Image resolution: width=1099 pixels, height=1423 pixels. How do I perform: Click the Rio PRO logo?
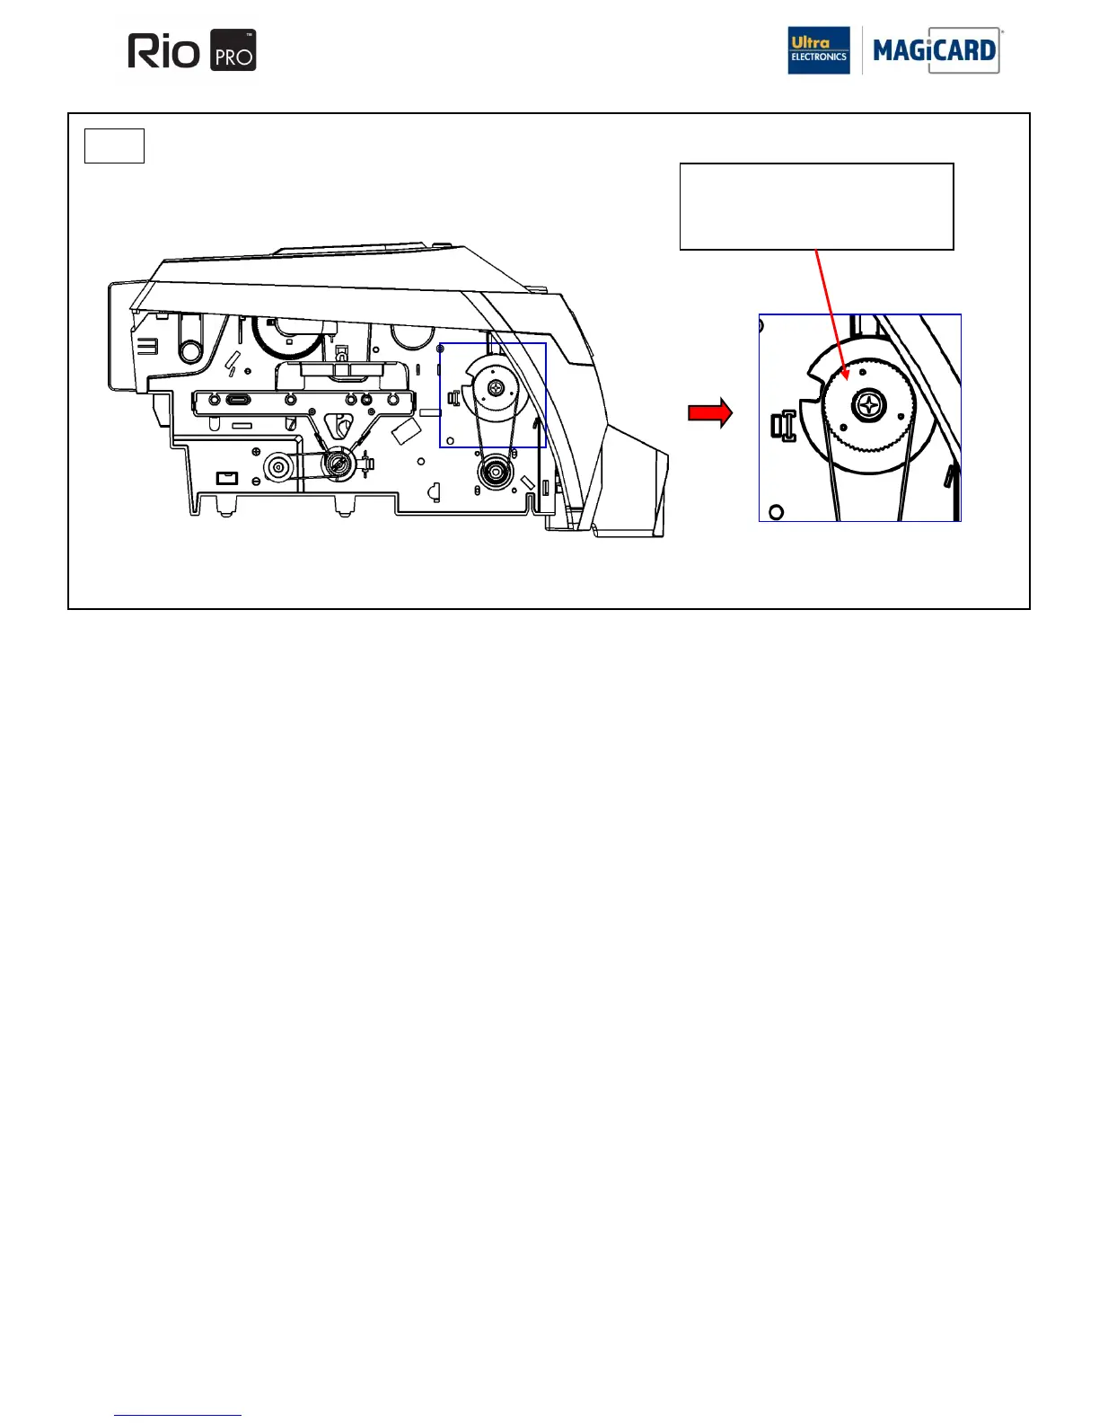click(192, 50)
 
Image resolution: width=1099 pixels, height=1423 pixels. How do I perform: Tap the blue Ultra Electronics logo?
click(818, 50)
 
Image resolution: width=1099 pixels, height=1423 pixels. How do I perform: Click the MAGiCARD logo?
click(936, 50)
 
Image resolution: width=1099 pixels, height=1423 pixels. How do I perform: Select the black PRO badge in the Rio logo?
click(233, 50)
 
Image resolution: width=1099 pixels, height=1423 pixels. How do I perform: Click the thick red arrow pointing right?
click(710, 413)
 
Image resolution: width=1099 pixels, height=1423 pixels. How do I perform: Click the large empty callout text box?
click(816, 207)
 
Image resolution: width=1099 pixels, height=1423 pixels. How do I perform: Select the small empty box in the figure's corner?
click(114, 146)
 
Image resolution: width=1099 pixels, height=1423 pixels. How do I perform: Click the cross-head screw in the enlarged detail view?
click(868, 406)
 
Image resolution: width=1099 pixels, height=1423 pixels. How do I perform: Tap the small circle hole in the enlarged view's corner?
click(777, 512)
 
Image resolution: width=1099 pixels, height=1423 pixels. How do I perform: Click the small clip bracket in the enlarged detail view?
click(783, 426)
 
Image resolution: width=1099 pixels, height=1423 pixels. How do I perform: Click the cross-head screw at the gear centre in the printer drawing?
click(497, 388)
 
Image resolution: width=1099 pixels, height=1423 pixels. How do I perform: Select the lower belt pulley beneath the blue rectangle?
click(495, 473)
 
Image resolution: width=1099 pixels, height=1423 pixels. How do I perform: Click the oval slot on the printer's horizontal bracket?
click(235, 400)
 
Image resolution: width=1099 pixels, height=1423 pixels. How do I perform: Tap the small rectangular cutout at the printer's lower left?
click(227, 477)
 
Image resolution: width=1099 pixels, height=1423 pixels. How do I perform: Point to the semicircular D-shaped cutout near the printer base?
click(434, 491)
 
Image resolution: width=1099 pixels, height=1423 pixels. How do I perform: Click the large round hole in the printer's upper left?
click(190, 351)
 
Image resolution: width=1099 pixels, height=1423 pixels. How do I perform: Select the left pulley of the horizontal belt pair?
click(277, 467)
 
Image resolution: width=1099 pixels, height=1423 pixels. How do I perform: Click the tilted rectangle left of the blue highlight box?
click(407, 432)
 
